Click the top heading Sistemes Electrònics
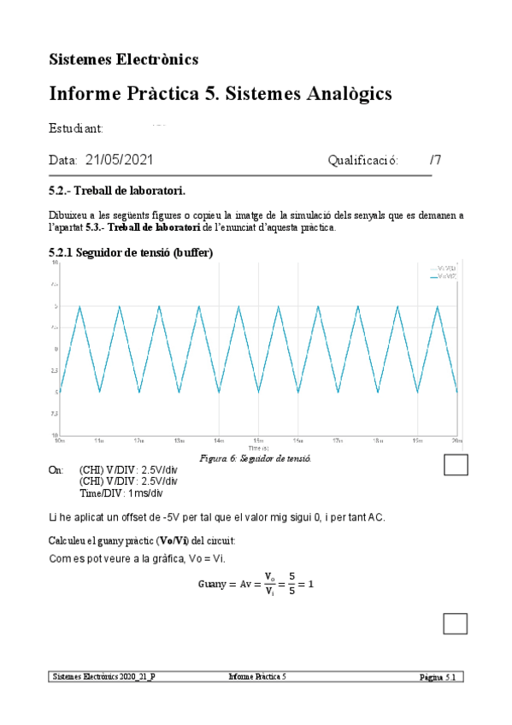124,59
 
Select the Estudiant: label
76,128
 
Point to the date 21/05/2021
119,160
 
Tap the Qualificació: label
362,160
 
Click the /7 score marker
435,160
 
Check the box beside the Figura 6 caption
456,464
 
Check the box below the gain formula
456,623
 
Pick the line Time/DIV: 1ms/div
121,493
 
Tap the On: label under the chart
56,470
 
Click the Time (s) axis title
258,447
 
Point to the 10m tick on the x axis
60,441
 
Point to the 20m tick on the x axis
457,441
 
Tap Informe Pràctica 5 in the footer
257,676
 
